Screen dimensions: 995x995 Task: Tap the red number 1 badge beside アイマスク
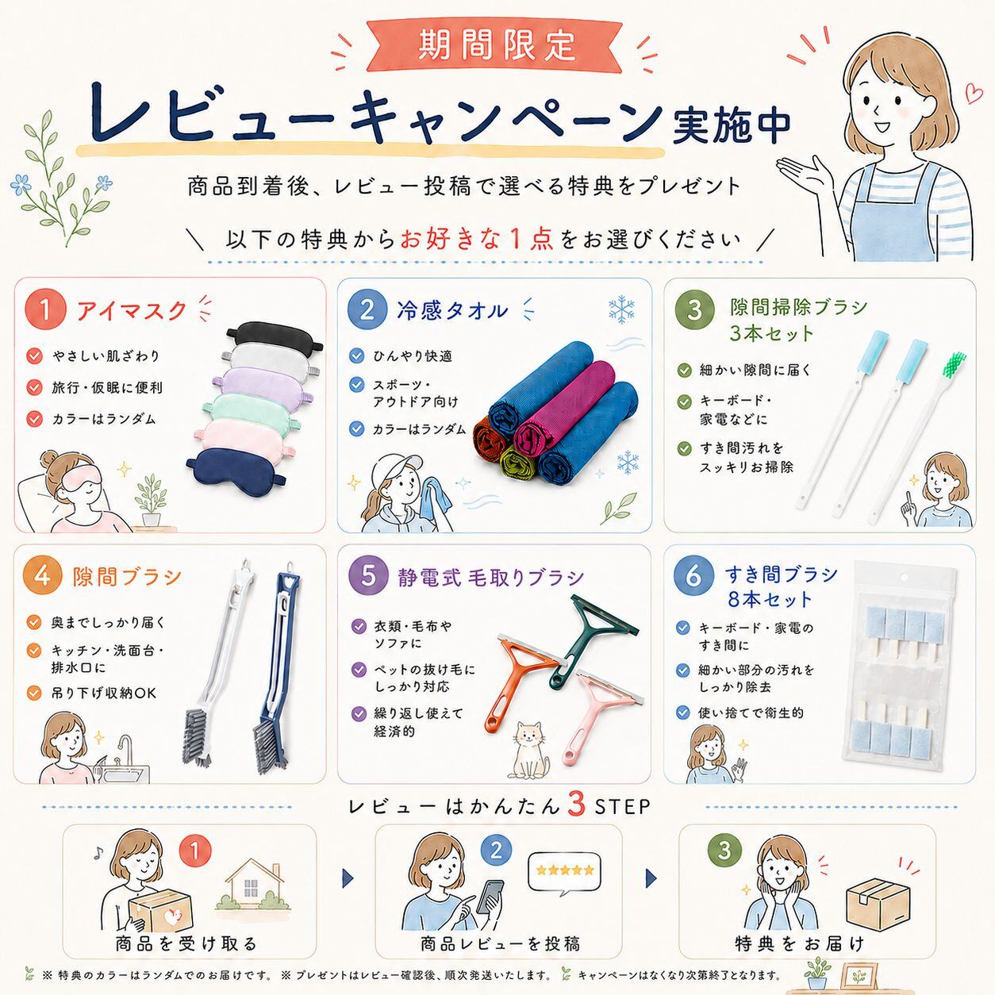tap(45, 309)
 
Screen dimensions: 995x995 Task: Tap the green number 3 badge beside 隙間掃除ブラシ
tap(694, 309)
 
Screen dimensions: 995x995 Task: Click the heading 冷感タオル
tap(452, 310)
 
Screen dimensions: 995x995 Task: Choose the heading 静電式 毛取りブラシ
tap(490, 578)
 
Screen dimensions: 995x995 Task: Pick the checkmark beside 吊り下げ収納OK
tap(34, 693)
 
